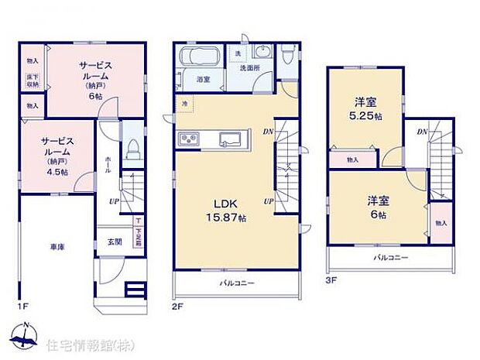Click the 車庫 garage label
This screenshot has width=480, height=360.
57,246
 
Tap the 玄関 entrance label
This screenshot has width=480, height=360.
113,242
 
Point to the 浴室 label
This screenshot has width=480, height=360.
204,80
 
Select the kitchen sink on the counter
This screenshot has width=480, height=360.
231,139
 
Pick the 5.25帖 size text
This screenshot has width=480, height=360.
369,116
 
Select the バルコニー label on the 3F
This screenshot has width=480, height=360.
391,256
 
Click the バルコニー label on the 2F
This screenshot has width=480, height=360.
236,283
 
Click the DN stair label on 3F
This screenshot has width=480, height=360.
422,132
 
